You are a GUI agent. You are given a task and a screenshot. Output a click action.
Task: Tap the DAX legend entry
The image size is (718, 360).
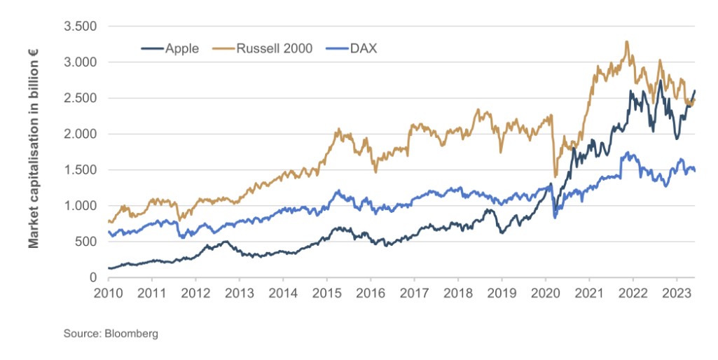[361, 48]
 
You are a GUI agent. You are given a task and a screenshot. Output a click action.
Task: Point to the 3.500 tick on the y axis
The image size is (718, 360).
[81, 27]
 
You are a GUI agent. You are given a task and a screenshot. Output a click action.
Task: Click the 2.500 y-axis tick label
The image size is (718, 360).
[81, 98]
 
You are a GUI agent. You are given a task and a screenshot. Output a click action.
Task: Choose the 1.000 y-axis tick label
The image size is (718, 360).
[81, 206]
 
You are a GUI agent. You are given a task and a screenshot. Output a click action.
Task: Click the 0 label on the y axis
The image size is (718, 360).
[93, 278]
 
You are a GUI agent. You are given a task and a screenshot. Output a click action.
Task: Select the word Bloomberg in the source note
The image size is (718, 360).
[131, 333]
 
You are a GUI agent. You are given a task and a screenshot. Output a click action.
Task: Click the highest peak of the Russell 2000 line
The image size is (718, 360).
[626, 42]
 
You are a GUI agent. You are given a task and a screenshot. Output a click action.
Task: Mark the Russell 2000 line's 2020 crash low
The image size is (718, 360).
[555, 176]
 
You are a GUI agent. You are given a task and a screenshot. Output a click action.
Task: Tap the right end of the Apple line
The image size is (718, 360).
[695, 90]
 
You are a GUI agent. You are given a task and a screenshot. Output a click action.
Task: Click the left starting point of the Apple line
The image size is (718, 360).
[109, 268]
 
